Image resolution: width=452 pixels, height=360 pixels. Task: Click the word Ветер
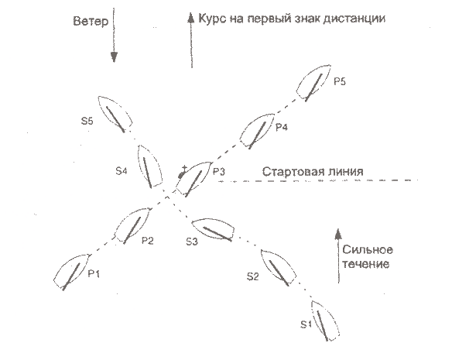coord(91,22)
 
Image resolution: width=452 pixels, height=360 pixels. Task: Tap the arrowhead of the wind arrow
coord(114,57)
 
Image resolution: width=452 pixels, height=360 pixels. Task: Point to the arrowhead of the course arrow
coord(190,17)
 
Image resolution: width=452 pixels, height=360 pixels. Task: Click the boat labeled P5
coord(313,83)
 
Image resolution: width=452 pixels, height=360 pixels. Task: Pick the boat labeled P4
coord(257,131)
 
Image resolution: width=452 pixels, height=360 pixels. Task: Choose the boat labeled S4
coord(150,166)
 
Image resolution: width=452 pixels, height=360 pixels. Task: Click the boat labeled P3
coord(193,180)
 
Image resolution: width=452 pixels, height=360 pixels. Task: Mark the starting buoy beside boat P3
coord(182,173)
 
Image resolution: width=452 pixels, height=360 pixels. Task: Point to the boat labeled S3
coord(213,230)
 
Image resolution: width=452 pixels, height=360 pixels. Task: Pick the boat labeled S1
coord(325,321)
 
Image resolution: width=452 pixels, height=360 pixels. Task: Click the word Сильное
coord(368,250)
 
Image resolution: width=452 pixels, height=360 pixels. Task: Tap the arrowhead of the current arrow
coord(338,234)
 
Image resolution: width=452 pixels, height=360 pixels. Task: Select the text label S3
coord(192,242)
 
